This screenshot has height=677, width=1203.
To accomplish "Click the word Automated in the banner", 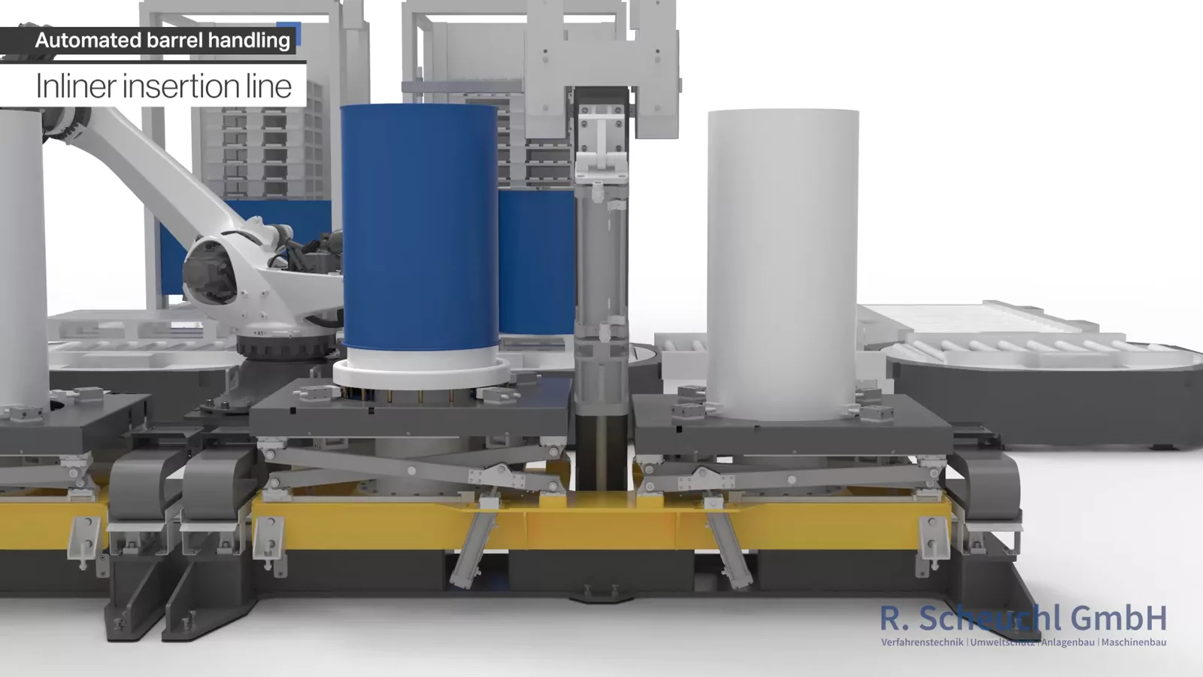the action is click(88, 41).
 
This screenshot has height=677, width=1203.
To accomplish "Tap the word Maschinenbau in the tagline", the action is click(1134, 642).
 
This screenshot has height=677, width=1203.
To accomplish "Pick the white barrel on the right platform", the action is click(783, 263).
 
